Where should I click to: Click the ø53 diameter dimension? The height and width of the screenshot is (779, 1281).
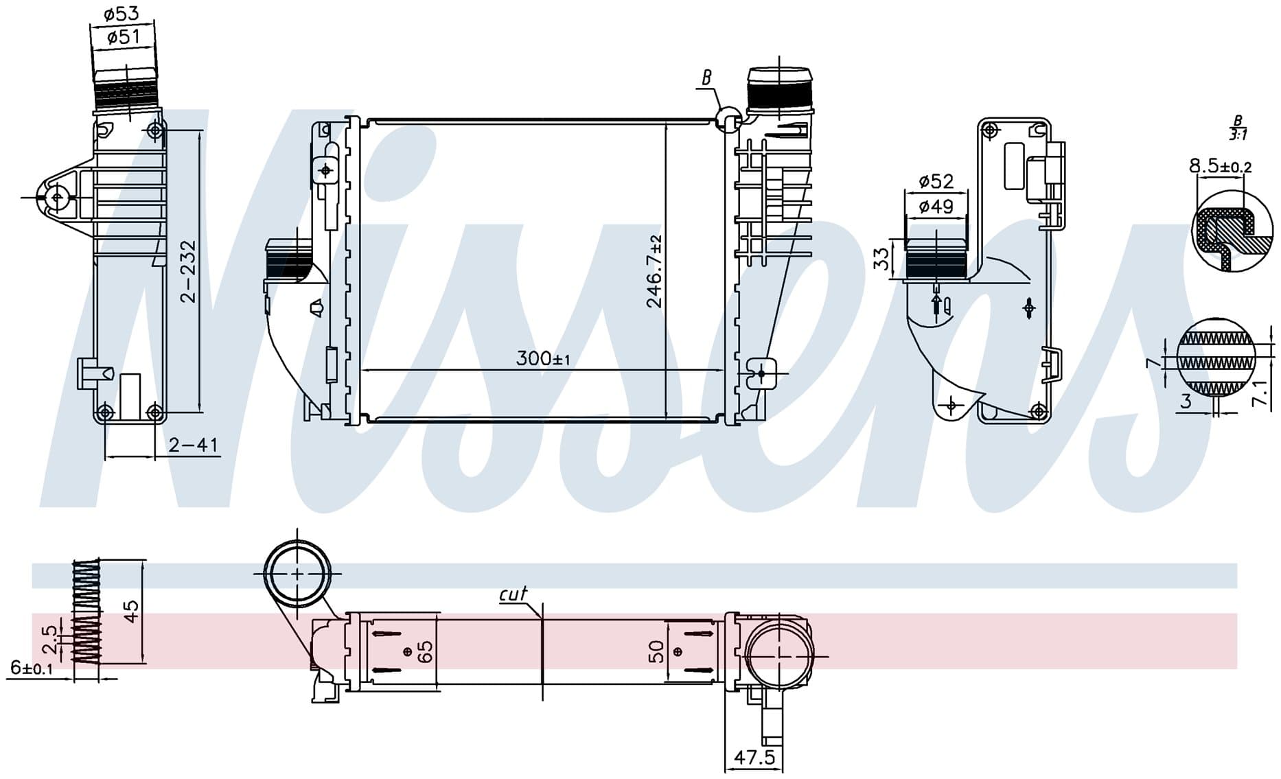coord(122,13)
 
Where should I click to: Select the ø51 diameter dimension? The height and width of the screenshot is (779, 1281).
coord(124,36)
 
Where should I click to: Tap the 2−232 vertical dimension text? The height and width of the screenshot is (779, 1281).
coord(187,271)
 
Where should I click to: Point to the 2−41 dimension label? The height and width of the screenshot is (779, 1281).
coord(194,445)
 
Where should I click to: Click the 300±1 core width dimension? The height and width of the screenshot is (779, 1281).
coord(543,358)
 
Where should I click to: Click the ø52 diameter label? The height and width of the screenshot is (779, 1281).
coord(936,181)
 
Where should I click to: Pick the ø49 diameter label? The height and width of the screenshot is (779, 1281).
coord(936,206)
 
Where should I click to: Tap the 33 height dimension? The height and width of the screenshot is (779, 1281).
coord(882,258)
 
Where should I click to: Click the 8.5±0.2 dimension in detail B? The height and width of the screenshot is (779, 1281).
coord(1221,166)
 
